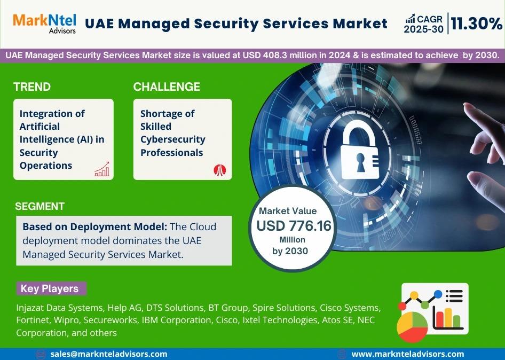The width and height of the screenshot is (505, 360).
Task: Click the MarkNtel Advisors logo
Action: point(44,23)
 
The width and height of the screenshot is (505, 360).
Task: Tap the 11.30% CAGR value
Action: point(477,24)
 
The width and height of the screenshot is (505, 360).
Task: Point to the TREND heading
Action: point(32,87)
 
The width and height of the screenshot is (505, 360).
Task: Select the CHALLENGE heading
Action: point(167,87)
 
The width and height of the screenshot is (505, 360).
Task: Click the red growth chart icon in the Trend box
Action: point(101,169)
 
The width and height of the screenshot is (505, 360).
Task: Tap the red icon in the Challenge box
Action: point(220,170)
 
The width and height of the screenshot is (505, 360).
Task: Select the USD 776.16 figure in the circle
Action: point(294,226)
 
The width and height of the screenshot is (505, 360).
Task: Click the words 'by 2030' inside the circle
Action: point(290,251)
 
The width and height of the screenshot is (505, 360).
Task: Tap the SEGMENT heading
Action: point(40,206)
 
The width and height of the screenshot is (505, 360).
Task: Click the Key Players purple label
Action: point(50,289)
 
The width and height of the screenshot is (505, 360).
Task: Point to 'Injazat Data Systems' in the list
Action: point(59,308)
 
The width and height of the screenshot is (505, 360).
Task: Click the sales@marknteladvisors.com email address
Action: point(109,354)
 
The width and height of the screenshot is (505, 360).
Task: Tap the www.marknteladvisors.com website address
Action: point(407,354)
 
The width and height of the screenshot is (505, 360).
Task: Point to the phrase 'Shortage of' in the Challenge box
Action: point(167,113)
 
